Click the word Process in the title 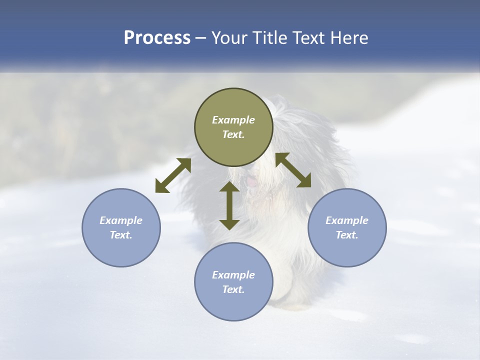pos(157,38)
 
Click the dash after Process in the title pos(200,38)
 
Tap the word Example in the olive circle pos(233,120)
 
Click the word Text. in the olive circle pos(233,134)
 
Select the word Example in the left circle pos(121,220)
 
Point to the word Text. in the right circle pos(347,235)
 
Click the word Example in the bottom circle pos(233,275)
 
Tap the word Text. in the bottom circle pos(233,289)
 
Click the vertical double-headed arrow pos(229,205)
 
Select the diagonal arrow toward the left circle pos(173,175)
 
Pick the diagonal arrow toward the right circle pos(293,170)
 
